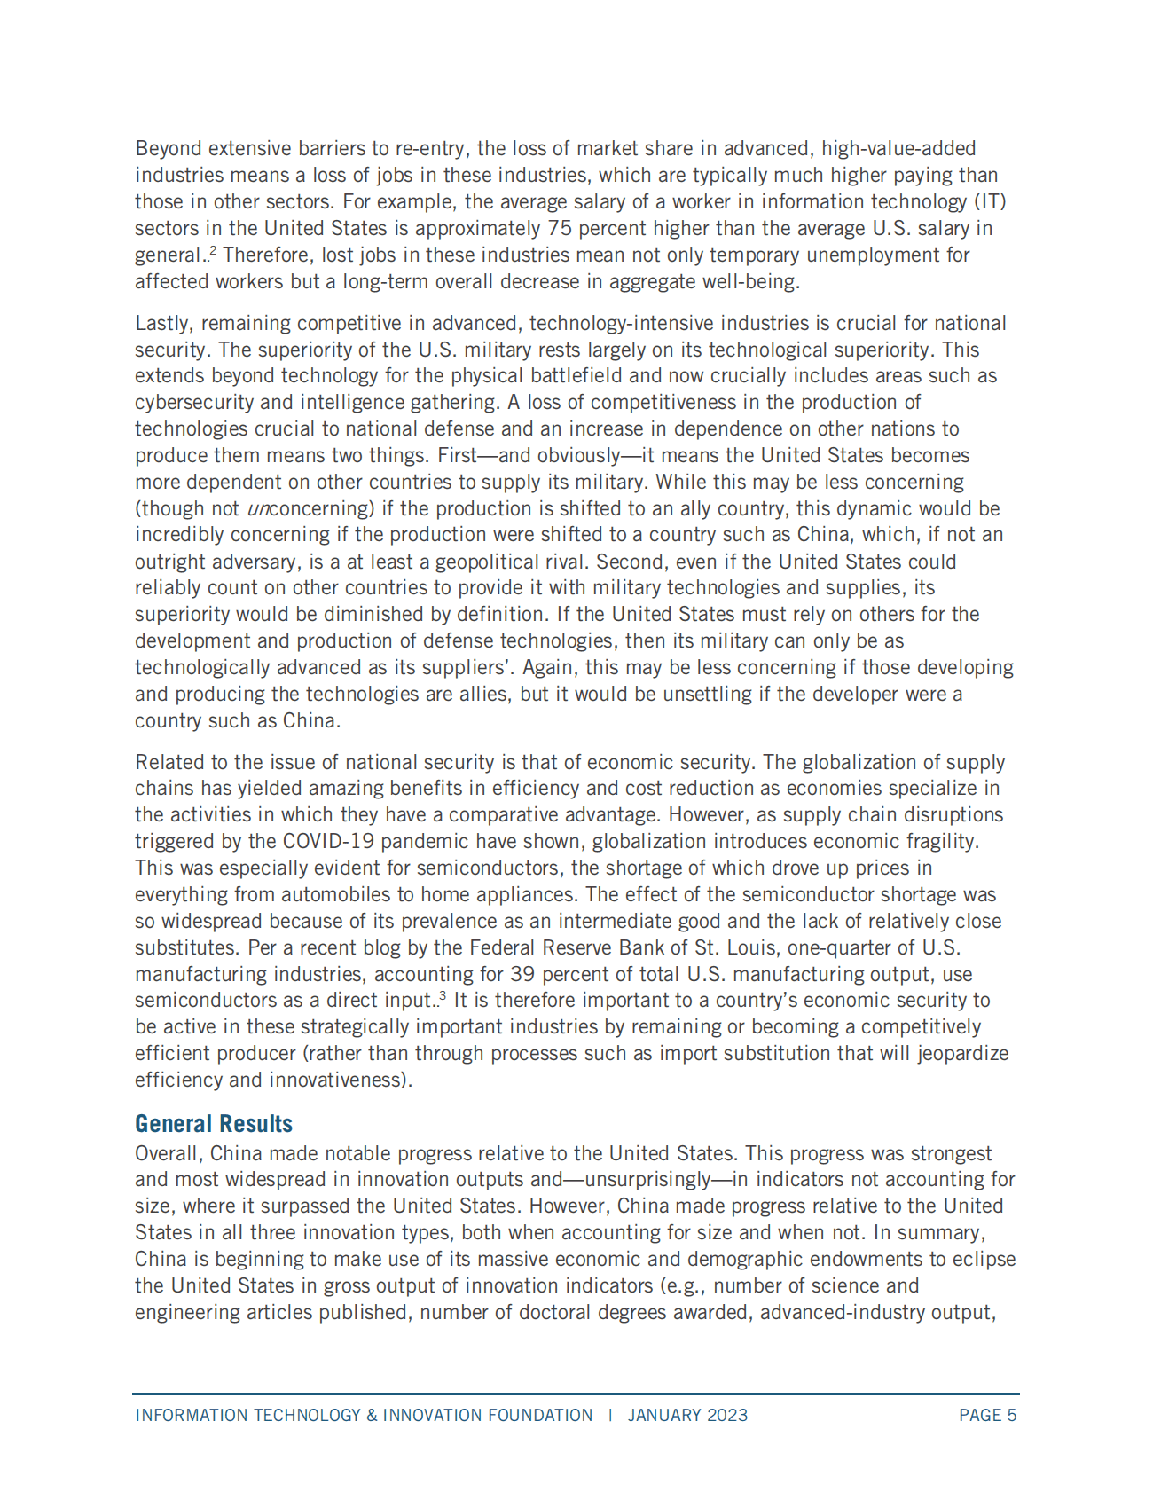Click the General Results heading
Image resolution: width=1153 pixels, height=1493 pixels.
pos(214,1124)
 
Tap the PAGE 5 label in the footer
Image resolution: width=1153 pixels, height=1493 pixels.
pos(987,1415)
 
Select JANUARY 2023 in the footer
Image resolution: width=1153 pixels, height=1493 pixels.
pos(687,1415)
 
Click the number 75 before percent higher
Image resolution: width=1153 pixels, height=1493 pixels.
pos(560,228)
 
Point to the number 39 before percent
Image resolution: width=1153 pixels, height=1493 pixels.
pos(522,974)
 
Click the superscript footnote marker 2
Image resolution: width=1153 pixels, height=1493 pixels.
pos(214,251)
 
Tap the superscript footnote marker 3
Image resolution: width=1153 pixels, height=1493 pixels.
pos(442,996)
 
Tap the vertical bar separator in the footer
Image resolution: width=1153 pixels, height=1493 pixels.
pos(610,1415)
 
